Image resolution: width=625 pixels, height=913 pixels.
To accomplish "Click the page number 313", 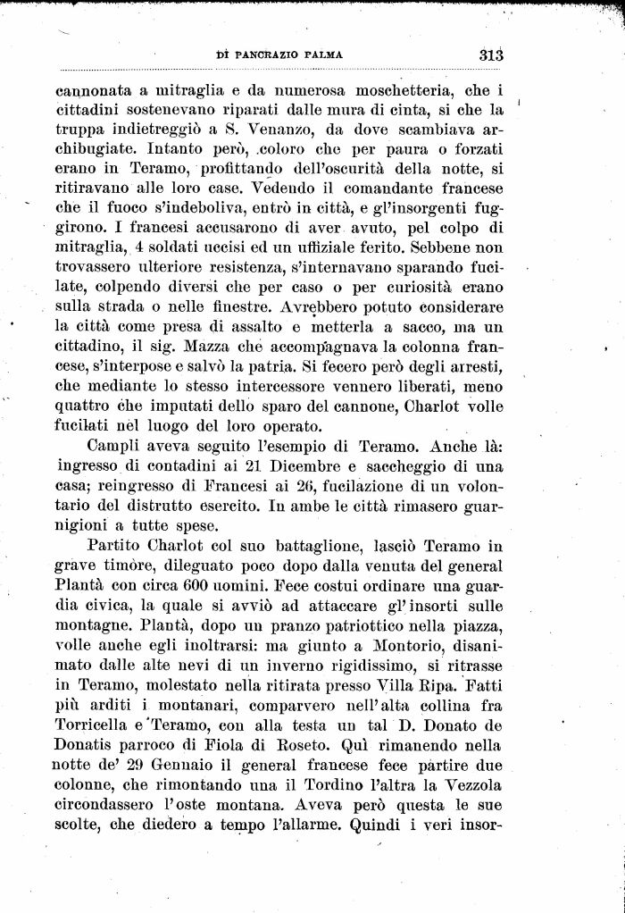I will click(x=492, y=53).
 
